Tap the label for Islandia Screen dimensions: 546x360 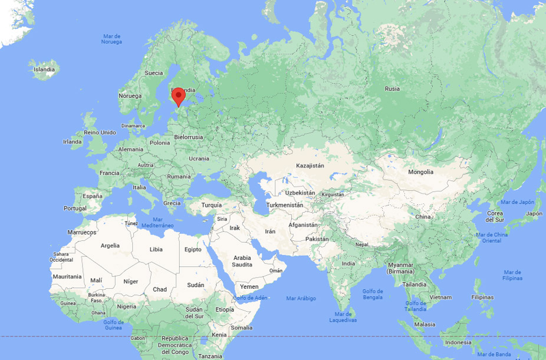click(44, 70)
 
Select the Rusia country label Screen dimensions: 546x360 click(392, 89)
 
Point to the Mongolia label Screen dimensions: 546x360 click(420, 172)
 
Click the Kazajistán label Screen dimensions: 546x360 click(310, 166)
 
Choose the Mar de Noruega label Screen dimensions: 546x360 click(111, 39)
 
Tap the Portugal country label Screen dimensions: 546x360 click(75, 209)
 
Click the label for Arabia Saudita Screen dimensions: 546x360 click(242, 261)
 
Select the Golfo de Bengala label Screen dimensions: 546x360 click(373, 295)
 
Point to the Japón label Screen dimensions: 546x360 click(534, 214)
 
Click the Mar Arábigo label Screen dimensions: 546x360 click(301, 299)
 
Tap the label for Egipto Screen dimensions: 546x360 click(193, 249)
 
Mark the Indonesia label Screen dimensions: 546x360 click(458, 343)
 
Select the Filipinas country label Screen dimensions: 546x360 click(482, 298)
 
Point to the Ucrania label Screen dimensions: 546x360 click(199, 158)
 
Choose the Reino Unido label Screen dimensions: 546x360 click(100, 133)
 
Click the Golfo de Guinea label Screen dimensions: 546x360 click(113, 325)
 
